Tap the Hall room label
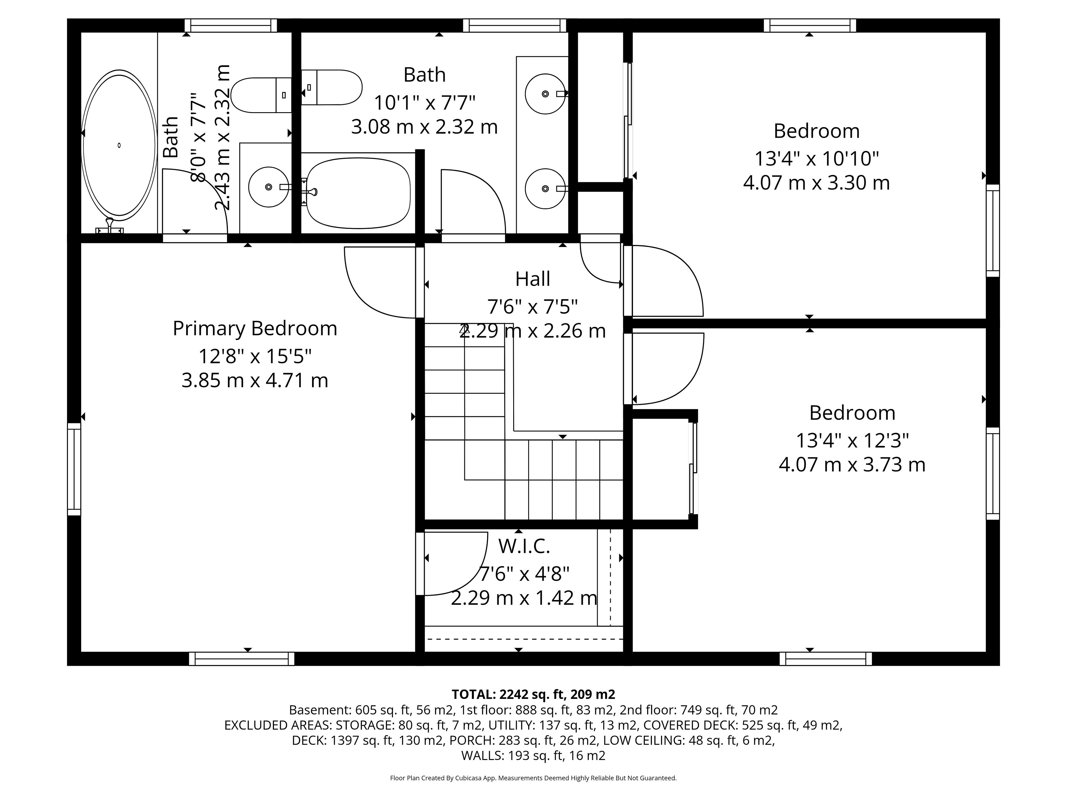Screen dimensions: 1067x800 tap(533, 279)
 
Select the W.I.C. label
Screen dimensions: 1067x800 tap(524, 546)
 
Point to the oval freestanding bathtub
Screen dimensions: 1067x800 tap(119, 145)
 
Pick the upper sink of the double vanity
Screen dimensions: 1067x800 tap(545, 94)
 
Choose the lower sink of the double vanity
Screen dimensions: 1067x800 tap(545, 189)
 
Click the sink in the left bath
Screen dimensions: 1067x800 tap(269, 187)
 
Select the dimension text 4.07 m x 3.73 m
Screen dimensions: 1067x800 tap(852, 464)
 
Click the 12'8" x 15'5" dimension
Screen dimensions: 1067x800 tap(255, 356)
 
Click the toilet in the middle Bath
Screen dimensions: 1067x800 tap(331, 87)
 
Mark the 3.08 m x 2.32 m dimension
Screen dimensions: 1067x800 tap(425, 127)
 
